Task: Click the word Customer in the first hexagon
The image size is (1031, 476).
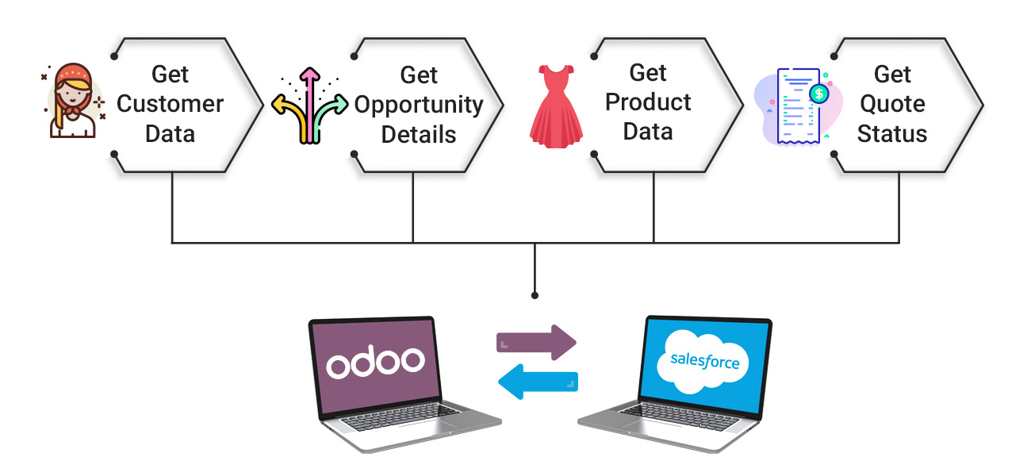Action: tap(171, 104)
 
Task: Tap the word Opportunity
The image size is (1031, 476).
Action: tap(419, 105)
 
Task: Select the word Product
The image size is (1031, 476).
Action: tap(648, 102)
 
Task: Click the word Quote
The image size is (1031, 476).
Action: tap(892, 104)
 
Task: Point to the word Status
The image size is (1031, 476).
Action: tap(892, 133)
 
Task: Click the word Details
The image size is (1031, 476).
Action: tap(419, 134)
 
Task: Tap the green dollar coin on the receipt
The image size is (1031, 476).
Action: tap(818, 94)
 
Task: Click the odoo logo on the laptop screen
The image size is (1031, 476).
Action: tap(375, 363)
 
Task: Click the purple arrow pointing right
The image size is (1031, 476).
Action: tap(536, 341)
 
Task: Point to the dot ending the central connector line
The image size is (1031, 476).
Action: tap(535, 295)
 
